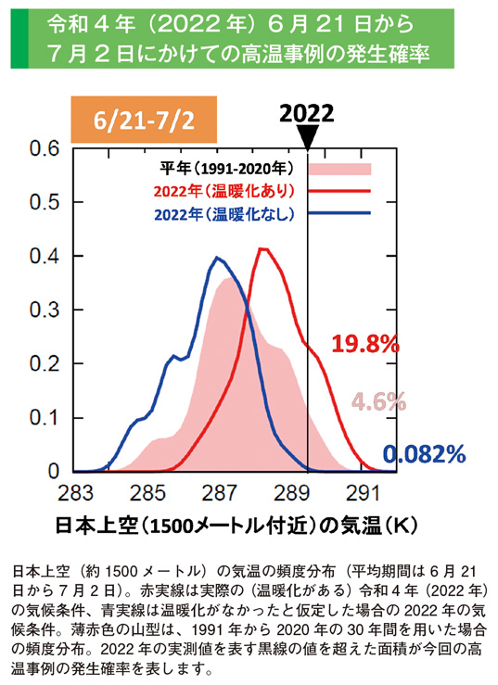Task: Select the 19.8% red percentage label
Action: [x=365, y=344]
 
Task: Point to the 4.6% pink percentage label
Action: [x=378, y=401]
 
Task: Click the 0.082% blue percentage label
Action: [x=424, y=453]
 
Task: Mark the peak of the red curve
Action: [x=264, y=248]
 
